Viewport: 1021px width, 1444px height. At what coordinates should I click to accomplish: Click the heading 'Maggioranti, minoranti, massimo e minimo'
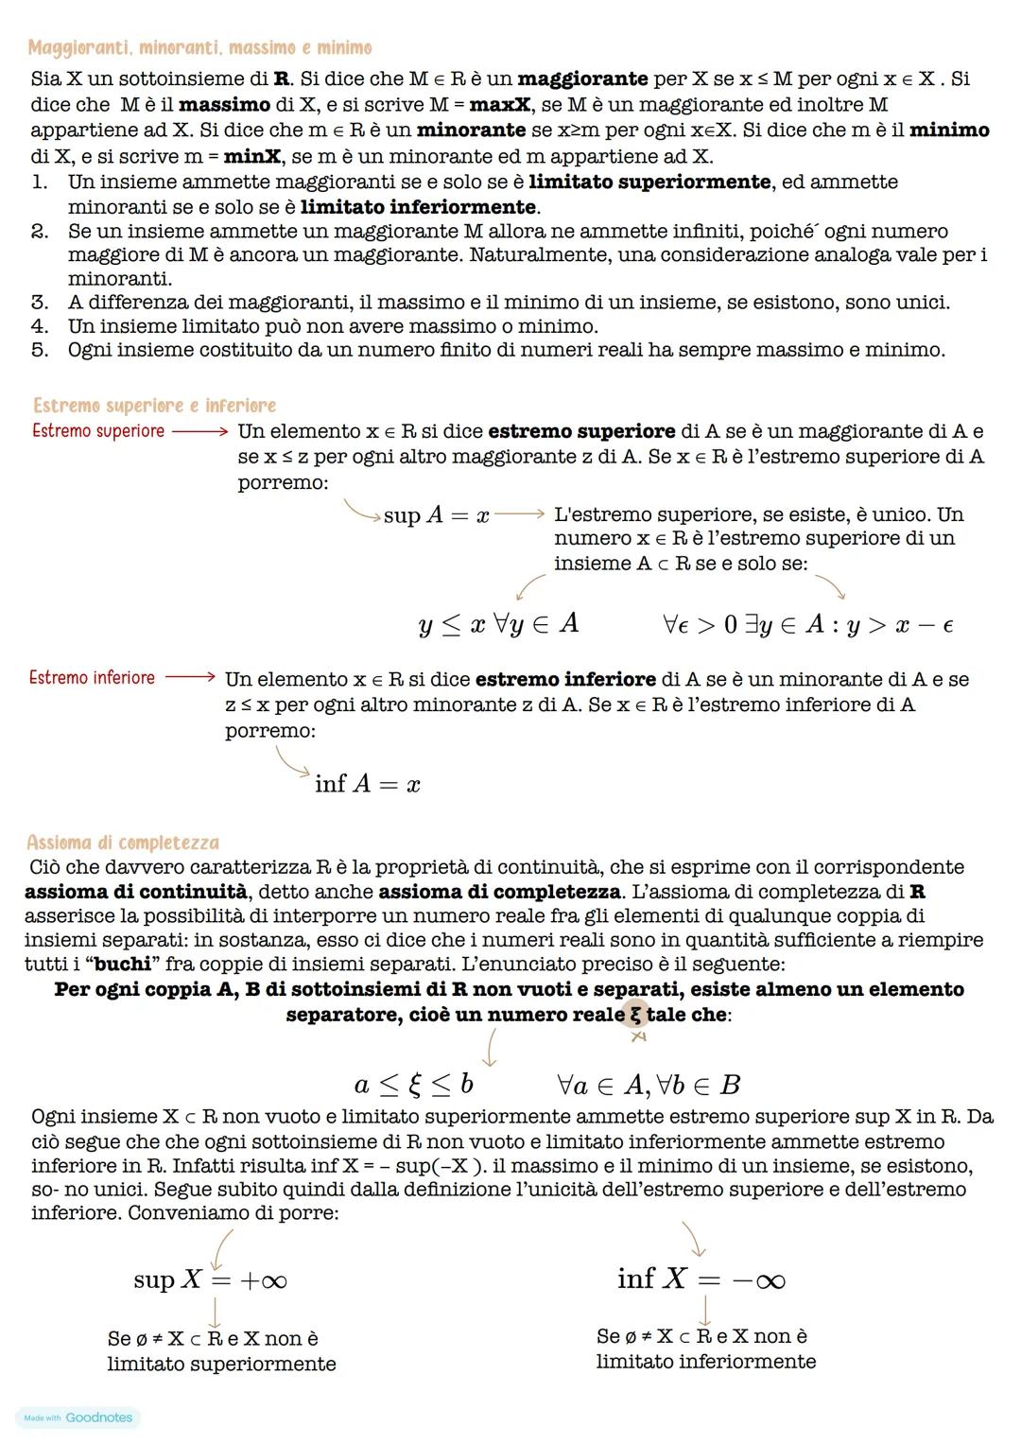(x=199, y=47)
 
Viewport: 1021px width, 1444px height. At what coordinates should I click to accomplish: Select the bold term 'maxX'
(x=499, y=105)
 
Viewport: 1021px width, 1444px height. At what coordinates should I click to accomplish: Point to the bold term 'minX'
(x=252, y=156)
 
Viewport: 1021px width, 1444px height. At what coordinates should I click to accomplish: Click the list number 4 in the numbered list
(x=40, y=326)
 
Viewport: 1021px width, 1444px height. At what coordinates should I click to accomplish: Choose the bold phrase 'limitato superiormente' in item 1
(x=649, y=182)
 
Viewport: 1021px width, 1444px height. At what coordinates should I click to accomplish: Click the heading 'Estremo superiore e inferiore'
(x=154, y=406)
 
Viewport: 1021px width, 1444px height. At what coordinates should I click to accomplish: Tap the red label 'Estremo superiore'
(x=97, y=431)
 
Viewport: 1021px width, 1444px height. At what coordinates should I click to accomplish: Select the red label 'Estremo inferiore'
(x=92, y=678)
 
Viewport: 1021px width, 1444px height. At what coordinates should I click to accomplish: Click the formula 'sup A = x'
(x=436, y=515)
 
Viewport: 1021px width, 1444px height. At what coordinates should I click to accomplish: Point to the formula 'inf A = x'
(x=368, y=784)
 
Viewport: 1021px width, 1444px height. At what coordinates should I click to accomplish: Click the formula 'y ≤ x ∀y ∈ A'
(x=498, y=624)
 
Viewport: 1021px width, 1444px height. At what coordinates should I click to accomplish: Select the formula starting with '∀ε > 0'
(x=807, y=625)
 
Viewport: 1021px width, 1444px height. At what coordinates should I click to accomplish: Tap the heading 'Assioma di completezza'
(x=123, y=843)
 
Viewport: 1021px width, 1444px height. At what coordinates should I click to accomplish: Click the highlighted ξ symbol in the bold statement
(x=635, y=1015)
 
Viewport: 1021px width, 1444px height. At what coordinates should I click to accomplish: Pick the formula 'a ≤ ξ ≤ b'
(x=414, y=1084)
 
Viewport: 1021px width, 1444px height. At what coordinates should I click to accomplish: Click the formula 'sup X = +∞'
(x=210, y=1280)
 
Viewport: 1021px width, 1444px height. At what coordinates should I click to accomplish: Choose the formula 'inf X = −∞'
(x=701, y=1279)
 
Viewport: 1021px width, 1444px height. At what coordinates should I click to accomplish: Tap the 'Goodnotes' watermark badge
(x=78, y=1418)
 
